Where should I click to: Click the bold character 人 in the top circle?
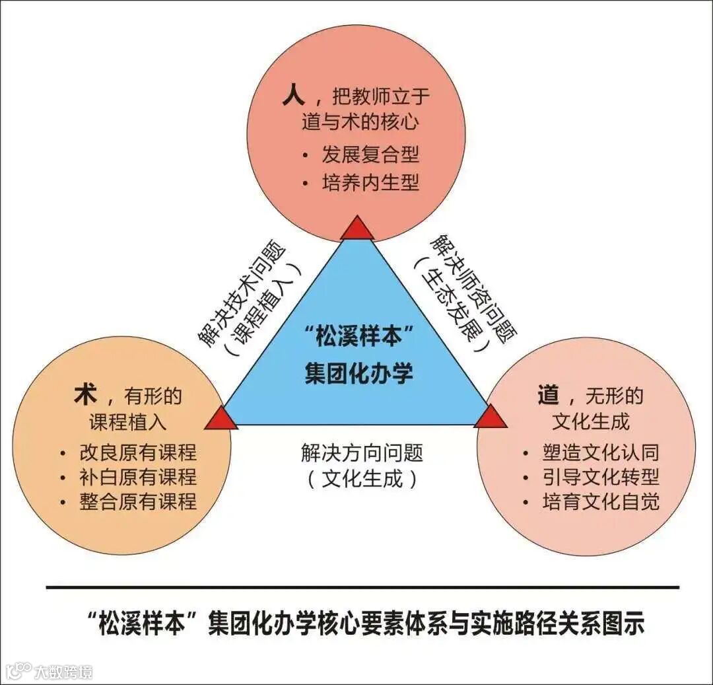(x=293, y=97)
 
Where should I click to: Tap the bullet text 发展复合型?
(x=370, y=155)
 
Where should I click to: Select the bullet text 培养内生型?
(x=370, y=182)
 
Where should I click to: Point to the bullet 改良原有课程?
(x=137, y=452)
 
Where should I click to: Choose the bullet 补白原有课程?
(x=137, y=477)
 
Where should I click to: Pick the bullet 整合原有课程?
(x=137, y=501)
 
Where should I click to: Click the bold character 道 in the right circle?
(x=549, y=395)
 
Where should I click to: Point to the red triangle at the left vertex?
(x=221, y=419)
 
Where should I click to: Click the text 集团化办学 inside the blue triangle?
(x=358, y=374)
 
